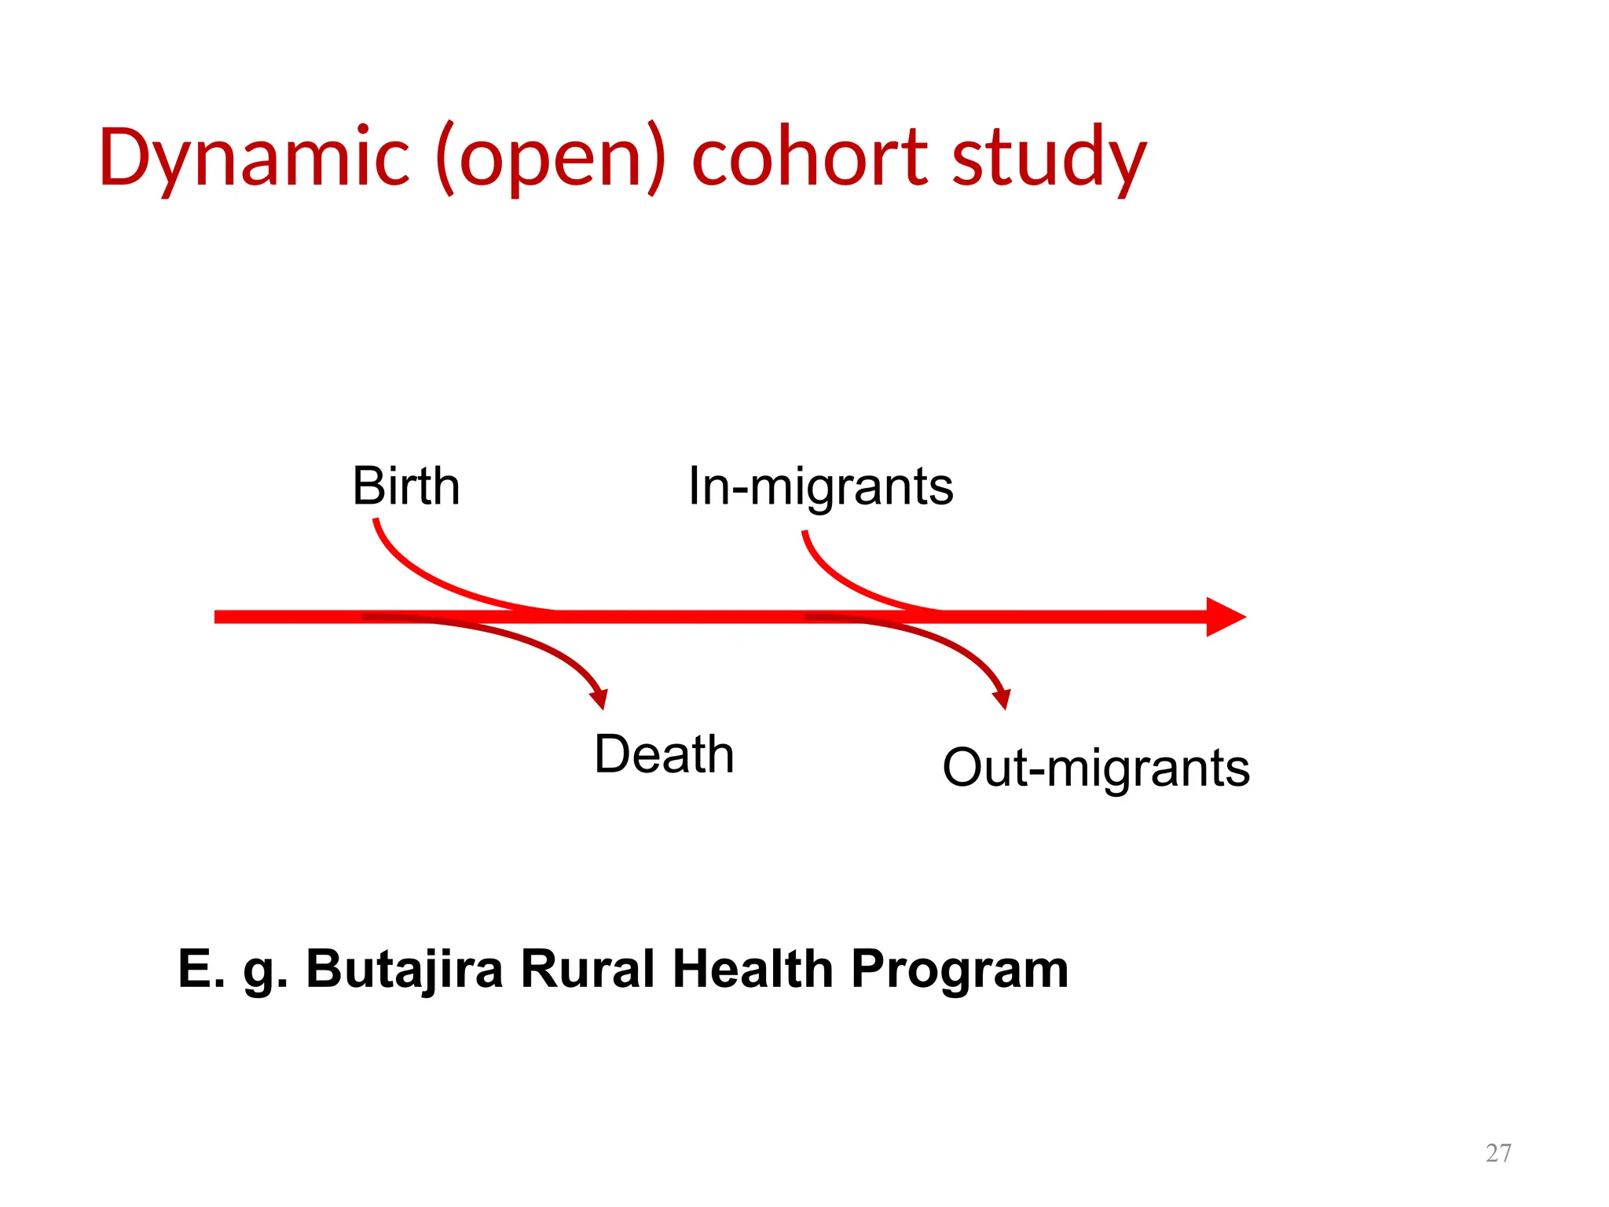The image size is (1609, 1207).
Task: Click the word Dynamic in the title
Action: coord(254,157)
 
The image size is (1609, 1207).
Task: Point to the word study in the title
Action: coord(1049,157)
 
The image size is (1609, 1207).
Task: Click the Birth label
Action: coord(405,486)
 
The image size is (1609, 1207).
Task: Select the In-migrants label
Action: coord(820,486)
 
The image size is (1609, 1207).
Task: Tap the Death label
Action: coord(664,754)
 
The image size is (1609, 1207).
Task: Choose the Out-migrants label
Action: coord(1095,768)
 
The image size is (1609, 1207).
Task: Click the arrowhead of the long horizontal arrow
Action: coord(1226,617)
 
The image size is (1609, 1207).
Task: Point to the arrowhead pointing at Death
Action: coord(599,698)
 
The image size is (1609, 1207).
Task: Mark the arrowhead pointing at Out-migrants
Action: coord(1002,698)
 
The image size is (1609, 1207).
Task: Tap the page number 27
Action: coord(1498,1153)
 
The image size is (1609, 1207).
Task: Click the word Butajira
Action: coord(404,969)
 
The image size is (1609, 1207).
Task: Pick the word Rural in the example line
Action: coord(587,969)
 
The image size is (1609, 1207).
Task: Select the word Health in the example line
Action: coord(753,969)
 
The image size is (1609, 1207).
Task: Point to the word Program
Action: coord(959,969)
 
